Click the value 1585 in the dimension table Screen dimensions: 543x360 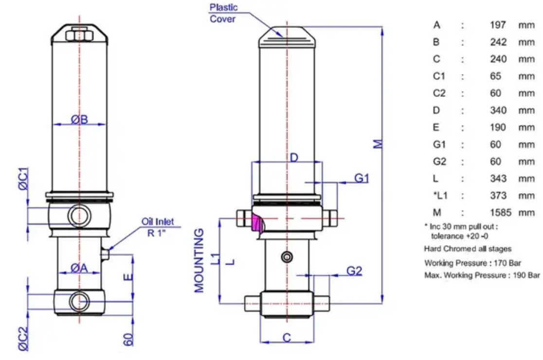[500, 213]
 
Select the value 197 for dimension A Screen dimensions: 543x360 [498, 25]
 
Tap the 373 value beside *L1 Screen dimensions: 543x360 [498, 196]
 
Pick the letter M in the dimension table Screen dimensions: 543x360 [436, 213]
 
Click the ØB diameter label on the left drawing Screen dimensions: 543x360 [79, 119]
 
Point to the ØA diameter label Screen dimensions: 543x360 [79, 268]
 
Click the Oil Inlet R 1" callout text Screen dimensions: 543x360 [157, 227]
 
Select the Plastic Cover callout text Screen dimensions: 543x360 [223, 13]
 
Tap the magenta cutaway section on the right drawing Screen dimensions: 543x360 [258, 223]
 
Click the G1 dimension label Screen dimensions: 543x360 [362, 178]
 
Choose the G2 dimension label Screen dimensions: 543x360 [354, 270]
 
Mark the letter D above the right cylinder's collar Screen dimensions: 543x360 [294, 158]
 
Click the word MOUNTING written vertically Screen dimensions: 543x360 [199, 260]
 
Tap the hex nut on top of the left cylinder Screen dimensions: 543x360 [79, 36]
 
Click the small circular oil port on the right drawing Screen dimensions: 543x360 [287, 257]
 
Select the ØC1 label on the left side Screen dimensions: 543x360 [23, 179]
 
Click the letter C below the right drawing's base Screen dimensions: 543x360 [287, 338]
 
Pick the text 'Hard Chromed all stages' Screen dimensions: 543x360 [468, 249]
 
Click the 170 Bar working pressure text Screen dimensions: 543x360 [507, 263]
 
